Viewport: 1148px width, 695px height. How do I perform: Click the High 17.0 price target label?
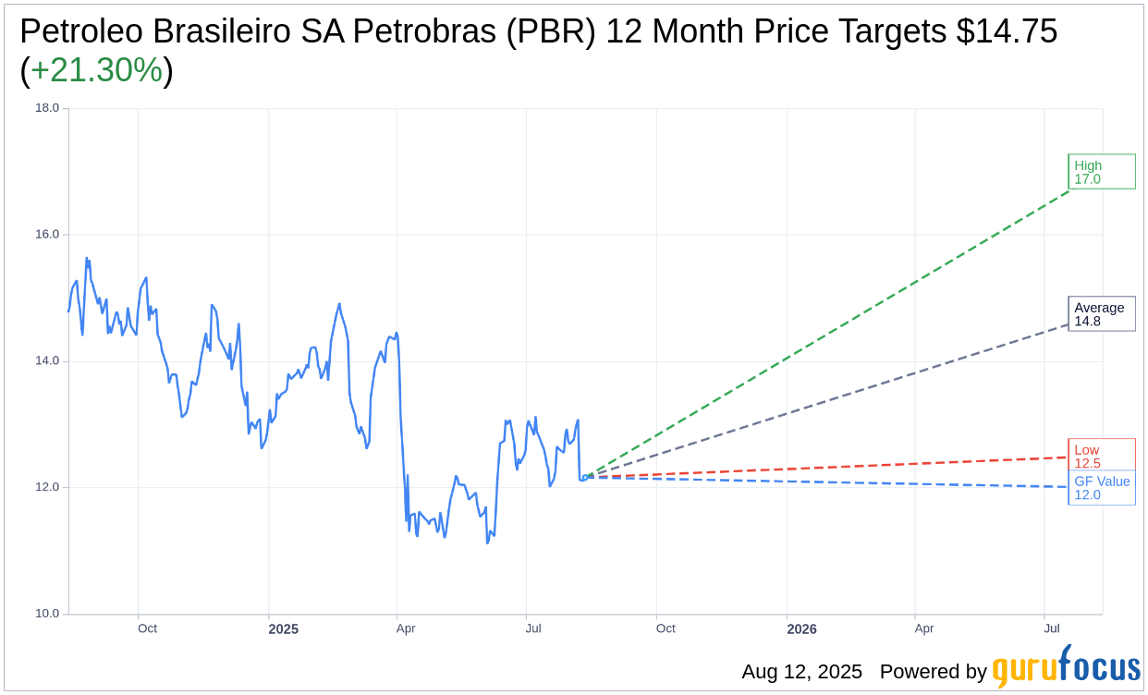(x=1101, y=172)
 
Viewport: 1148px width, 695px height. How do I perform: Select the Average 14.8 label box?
(x=1101, y=314)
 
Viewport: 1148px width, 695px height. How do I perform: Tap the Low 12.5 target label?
(x=1101, y=456)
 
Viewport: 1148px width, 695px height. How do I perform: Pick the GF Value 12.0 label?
(x=1102, y=488)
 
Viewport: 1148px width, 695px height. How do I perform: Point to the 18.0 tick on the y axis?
(x=47, y=108)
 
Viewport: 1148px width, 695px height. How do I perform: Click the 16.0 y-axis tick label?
(x=47, y=235)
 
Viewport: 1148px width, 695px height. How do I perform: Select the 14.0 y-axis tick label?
(x=47, y=361)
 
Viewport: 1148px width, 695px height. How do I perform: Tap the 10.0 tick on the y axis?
(x=47, y=614)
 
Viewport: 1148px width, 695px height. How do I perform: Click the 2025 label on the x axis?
(x=283, y=629)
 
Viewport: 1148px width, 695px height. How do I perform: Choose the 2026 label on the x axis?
(x=801, y=629)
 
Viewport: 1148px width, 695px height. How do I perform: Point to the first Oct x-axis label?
(x=147, y=628)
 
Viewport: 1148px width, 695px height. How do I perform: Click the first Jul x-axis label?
(x=533, y=628)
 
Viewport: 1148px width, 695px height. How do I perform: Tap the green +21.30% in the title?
(x=97, y=70)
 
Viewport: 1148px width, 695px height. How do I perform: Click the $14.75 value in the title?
(x=1007, y=31)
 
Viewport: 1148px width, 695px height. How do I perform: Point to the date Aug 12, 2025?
(x=801, y=672)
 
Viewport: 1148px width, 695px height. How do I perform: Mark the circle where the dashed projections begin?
(x=584, y=478)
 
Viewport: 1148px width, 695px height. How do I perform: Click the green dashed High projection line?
(x=832, y=332)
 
